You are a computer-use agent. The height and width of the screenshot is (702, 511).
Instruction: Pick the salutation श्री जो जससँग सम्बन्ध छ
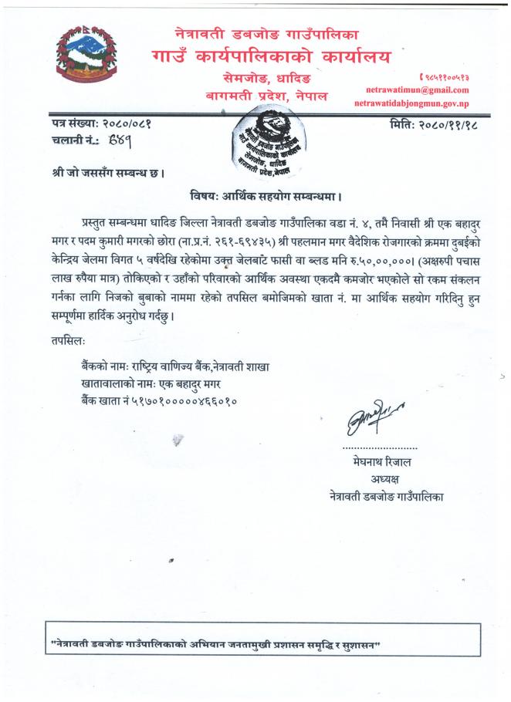(x=102, y=173)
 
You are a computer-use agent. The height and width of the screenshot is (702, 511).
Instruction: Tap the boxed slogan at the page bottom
(x=217, y=643)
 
